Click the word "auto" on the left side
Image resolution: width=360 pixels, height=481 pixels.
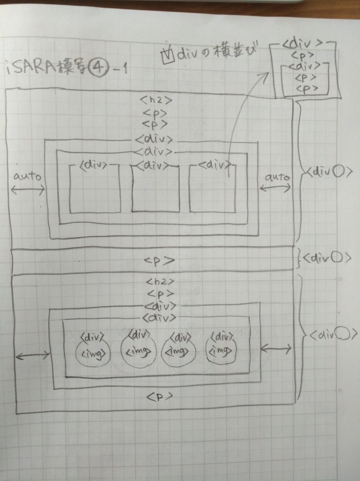tap(27, 178)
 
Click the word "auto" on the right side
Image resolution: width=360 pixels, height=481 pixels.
tap(276, 178)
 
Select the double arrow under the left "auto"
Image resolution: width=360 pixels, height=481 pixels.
tap(27, 190)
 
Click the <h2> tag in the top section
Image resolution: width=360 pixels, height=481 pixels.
tap(153, 100)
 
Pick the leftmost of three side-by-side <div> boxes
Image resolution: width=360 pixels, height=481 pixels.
tap(94, 188)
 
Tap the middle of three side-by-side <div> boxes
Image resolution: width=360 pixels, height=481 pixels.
tap(155, 188)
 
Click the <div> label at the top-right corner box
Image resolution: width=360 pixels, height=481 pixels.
tap(303, 44)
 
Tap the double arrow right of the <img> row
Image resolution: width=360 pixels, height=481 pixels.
tap(276, 349)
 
